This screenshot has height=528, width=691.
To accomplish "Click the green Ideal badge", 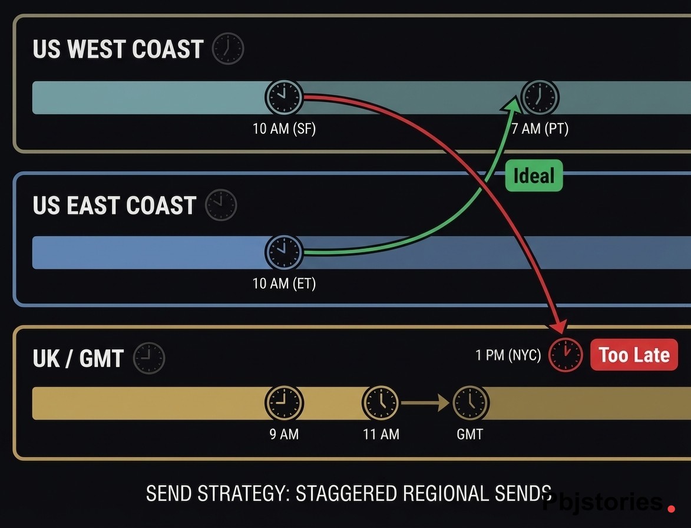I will [534, 176].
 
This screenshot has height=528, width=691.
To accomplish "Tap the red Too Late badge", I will [634, 355].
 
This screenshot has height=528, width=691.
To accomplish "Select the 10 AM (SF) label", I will [284, 128].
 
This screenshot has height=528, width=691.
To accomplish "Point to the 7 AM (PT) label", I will [539, 128].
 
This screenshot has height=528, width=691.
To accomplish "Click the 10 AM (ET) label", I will [284, 283].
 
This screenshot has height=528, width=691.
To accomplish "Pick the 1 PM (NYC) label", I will [508, 355].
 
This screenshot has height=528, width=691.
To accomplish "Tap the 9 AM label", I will [284, 434].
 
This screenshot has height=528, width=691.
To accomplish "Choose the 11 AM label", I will [381, 434].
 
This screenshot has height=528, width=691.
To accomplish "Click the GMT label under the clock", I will [470, 434].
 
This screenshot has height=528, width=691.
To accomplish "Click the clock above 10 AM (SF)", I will [285, 97].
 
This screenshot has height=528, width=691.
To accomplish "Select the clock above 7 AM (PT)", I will [540, 97].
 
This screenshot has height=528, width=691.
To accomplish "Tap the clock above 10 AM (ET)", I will [284, 252].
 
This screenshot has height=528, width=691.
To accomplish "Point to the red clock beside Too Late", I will [565, 355].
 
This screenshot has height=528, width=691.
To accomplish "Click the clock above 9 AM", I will [285, 403].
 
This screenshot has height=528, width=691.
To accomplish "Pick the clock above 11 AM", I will [381, 403].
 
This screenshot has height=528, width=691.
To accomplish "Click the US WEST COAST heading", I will [118, 49].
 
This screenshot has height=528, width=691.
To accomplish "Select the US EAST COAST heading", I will [114, 205].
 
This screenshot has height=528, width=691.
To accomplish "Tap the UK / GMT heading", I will [78, 358].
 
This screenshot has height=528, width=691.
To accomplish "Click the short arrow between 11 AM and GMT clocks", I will [425, 403].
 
